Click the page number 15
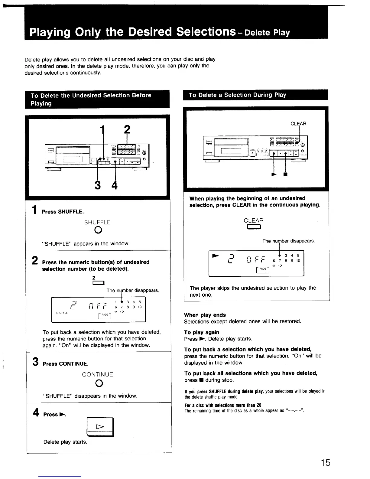tap(326, 463)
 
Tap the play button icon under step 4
tap(100, 427)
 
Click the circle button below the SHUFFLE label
tap(97, 230)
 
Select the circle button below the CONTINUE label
tap(97, 383)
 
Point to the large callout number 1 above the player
tap(103, 130)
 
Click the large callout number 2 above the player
tap(127, 130)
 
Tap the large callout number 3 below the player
tap(97, 184)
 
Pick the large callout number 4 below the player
tap(115, 184)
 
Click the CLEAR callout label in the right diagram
tap(298, 124)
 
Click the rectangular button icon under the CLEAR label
tap(254, 227)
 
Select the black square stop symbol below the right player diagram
tap(285, 174)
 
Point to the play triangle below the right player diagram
tap(274, 174)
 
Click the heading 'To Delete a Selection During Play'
tap(237, 95)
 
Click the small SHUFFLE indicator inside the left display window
tap(62, 313)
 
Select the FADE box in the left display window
tap(105, 315)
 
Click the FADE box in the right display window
tap(263, 269)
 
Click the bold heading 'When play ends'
tap(205, 315)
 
